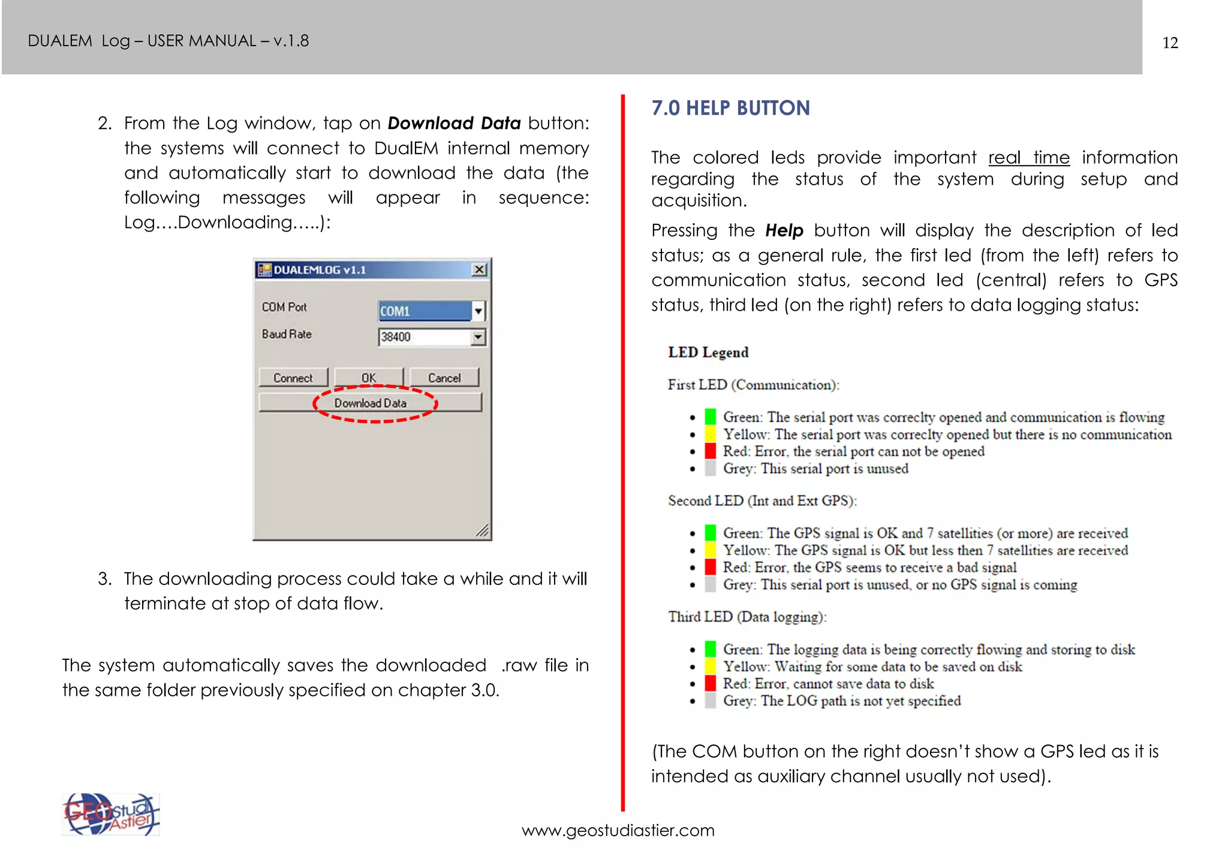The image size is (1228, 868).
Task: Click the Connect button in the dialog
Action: point(293,378)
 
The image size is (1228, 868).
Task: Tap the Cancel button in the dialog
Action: point(444,378)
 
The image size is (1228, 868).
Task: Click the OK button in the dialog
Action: point(369,378)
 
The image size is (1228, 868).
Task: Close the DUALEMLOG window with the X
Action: point(479,270)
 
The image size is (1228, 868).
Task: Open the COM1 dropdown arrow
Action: point(478,311)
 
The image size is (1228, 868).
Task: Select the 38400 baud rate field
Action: point(425,337)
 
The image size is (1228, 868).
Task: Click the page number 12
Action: point(1170,43)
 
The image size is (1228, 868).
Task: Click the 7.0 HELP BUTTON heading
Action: point(730,108)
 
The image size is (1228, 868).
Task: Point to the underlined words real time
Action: point(1028,158)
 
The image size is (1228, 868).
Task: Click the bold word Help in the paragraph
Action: point(784,231)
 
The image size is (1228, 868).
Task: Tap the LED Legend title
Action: point(708,352)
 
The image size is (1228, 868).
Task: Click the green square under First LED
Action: point(711,416)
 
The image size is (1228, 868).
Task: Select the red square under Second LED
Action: point(711,567)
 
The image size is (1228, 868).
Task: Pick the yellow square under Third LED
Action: point(711,666)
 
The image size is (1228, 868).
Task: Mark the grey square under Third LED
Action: point(711,701)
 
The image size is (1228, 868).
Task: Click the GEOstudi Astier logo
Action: point(111,815)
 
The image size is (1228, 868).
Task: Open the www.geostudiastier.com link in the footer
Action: point(618,831)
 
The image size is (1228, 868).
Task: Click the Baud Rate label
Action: point(287,334)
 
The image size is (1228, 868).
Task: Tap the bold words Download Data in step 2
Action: point(454,124)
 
